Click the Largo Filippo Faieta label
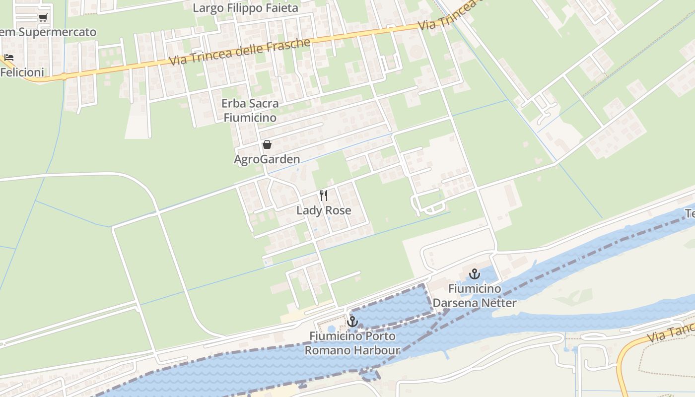(x=245, y=8)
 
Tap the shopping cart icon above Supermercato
(x=43, y=18)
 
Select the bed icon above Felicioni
(x=8, y=58)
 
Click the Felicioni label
(x=22, y=72)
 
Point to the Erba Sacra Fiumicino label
(x=250, y=111)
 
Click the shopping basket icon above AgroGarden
(x=267, y=144)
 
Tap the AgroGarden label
(x=267, y=159)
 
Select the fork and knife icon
(x=324, y=195)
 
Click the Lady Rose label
(x=324, y=210)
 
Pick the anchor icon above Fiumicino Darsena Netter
(x=475, y=274)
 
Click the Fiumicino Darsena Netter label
(x=475, y=296)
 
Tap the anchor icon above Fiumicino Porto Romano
(x=352, y=322)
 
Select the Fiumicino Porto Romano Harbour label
(x=352, y=343)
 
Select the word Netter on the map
(x=498, y=303)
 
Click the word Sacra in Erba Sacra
(x=262, y=104)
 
